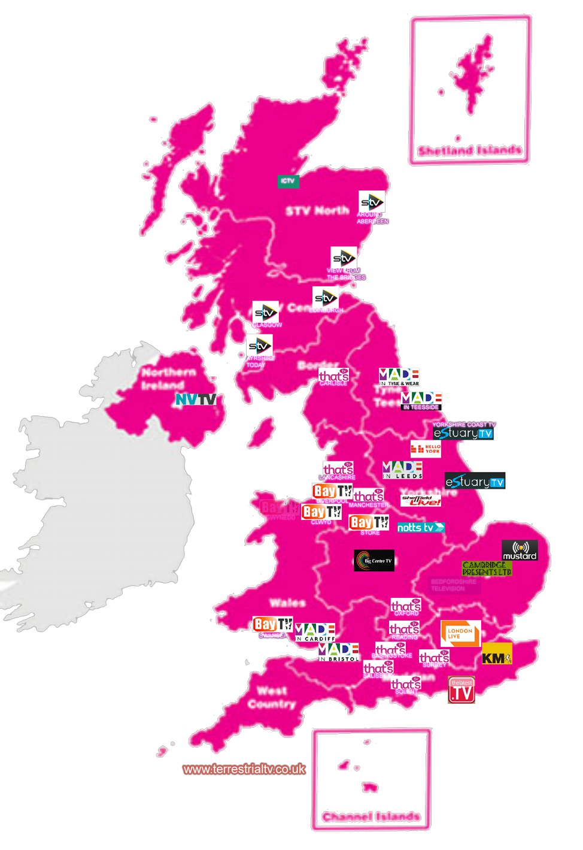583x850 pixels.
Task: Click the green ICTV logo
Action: (288, 181)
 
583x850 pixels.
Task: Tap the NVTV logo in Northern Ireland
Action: (195, 400)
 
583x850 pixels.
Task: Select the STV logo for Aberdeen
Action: (371, 202)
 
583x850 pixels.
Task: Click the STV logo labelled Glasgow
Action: (265, 312)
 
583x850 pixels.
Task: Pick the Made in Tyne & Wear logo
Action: (399, 377)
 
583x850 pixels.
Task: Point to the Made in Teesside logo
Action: (421, 401)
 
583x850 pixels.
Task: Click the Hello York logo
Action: (426, 448)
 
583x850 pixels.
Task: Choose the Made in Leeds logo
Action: (402, 470)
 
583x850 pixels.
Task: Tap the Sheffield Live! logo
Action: (421, 501)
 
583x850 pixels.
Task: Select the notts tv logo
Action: (421, 528)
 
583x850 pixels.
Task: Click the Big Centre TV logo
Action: (374, 561)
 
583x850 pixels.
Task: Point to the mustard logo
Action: (520, 550)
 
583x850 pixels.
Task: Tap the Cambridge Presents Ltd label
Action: (487, 568)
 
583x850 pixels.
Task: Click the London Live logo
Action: (460, 633)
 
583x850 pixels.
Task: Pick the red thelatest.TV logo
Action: (461, 690)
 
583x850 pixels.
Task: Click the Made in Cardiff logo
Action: (315, 632)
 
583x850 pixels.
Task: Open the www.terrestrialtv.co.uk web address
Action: (244, 769)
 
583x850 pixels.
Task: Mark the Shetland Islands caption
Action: (470, 150)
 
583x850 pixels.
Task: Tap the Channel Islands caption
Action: (371, 816)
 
